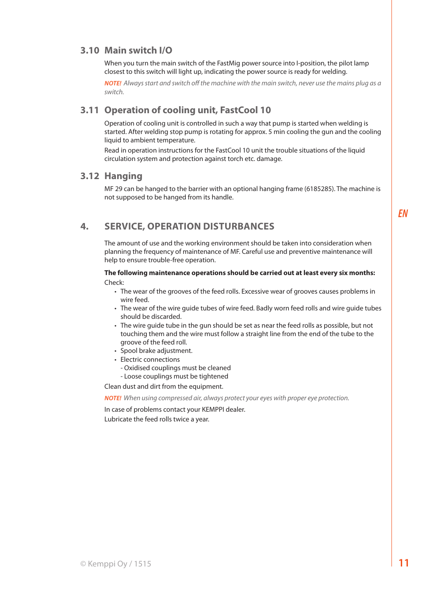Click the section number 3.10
90,50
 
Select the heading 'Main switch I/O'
138,50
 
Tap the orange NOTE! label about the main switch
113,83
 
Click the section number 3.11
89,110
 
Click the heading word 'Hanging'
123,176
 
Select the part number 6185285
319,189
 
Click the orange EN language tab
403,214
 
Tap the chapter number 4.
84,226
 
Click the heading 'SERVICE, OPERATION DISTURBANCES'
189,226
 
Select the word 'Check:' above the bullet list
114,283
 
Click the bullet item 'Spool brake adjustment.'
156,351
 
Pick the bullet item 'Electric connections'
150,360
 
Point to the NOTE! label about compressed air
113,398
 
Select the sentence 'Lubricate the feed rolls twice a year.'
157,419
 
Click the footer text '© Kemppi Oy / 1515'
115,564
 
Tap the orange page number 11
403,563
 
